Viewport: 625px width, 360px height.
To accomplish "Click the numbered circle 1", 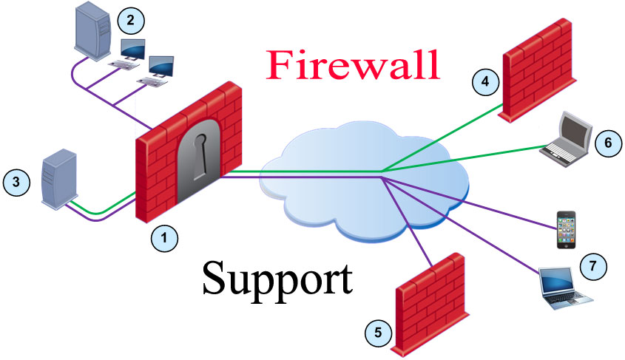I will [164, 237].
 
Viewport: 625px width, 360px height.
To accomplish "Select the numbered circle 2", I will [132, 20].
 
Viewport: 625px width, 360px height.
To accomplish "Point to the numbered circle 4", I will [484, 82].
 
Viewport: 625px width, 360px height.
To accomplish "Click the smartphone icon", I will [566, 230].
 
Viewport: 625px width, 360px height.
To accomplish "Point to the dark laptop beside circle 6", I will [567, 136].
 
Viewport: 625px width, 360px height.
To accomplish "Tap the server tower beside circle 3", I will [57, 178].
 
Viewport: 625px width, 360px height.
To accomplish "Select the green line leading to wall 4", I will [444, 137].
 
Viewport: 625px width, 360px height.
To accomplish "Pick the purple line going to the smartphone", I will [473, 200].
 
